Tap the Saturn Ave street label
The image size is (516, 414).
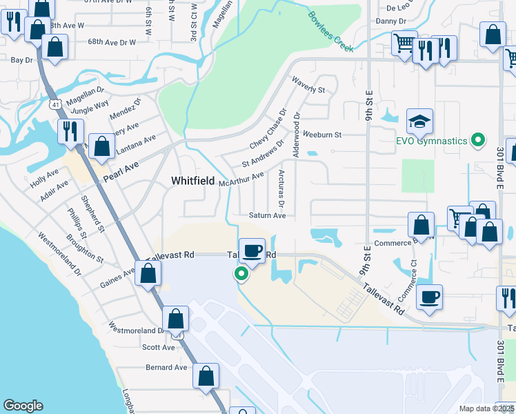[268, 215]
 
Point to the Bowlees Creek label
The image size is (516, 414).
[330, 32]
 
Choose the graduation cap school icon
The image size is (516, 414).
[419, 122]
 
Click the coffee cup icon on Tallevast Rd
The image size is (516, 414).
[252, 250]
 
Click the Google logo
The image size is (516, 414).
[22, 406]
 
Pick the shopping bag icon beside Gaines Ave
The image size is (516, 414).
[148, 273]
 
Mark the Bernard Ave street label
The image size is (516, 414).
[166, 368]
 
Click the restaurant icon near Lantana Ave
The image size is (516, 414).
[70, 130]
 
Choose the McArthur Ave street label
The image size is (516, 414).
[241, 179]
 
